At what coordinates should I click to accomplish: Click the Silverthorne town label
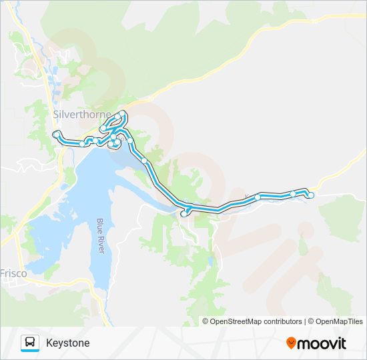[81, 115]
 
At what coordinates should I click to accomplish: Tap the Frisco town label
[13, 273]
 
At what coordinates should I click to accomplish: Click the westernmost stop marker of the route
[56, 135]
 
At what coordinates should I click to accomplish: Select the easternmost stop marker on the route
[311, 195]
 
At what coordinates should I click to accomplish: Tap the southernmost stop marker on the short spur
[183, 214]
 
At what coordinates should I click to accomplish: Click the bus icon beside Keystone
[30, 343]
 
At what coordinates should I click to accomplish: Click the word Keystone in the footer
[67, 343]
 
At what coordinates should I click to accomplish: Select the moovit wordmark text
[322, 343]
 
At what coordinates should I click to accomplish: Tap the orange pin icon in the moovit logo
[291, 343]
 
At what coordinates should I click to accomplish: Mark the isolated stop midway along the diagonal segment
[144, 161]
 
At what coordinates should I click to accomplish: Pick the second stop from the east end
[293, 194]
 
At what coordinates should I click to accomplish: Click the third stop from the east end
[258, 197]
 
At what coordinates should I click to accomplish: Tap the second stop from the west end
[82, 143]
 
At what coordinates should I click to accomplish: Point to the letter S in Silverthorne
[56, 115]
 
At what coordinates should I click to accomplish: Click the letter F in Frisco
[3, 273]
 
